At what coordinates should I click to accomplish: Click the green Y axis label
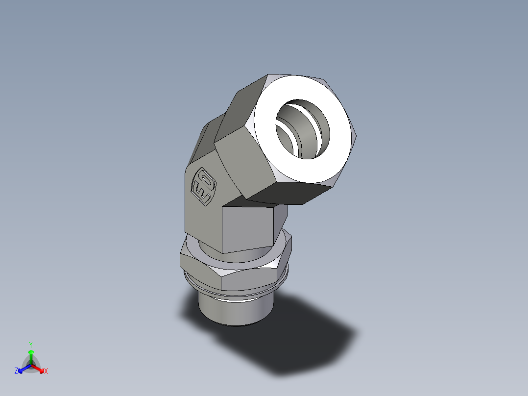31,345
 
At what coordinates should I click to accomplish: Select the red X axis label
46,371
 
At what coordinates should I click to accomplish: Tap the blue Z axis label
16,371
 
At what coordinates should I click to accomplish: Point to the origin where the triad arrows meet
31,365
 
